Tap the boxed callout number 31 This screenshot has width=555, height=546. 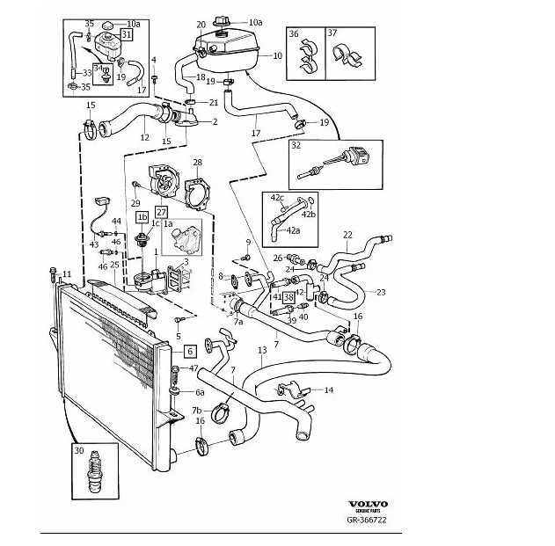(x=127, y=34)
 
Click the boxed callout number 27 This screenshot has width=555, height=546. (x=161, y=211)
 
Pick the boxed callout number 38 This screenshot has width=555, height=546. (x=288, y=298)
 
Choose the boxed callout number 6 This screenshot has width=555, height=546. (x=190, y=350)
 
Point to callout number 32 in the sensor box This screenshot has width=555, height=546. (x=296, y=145)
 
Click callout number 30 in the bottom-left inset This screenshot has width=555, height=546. (x=80, y=451)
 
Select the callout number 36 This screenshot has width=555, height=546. (x=294, y=33)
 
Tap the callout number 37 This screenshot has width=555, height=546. (x=332, y=33)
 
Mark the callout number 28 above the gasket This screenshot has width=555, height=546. (x=197, y=162)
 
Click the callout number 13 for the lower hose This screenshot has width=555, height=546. (x=262, y=350)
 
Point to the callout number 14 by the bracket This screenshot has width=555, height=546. (x=329, y=389)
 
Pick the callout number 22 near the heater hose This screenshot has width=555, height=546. (x=347, y=235)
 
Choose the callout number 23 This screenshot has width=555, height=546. (x=381, y=292)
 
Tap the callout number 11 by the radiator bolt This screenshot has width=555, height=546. (x=67, y=274)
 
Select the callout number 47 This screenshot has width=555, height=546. (x=194, y=368)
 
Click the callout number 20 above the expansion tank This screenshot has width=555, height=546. (x=201, y=24)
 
